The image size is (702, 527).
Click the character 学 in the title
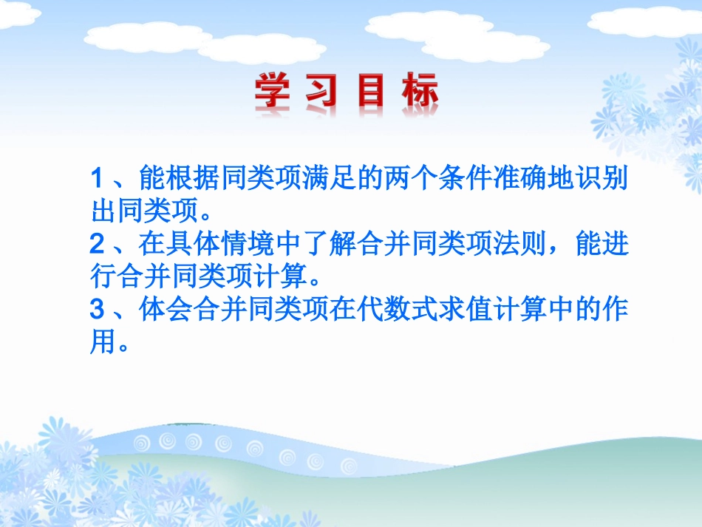tap(273, 92)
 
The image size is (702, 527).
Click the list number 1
tap(96, 179)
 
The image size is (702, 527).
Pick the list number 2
tap(96, 245)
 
